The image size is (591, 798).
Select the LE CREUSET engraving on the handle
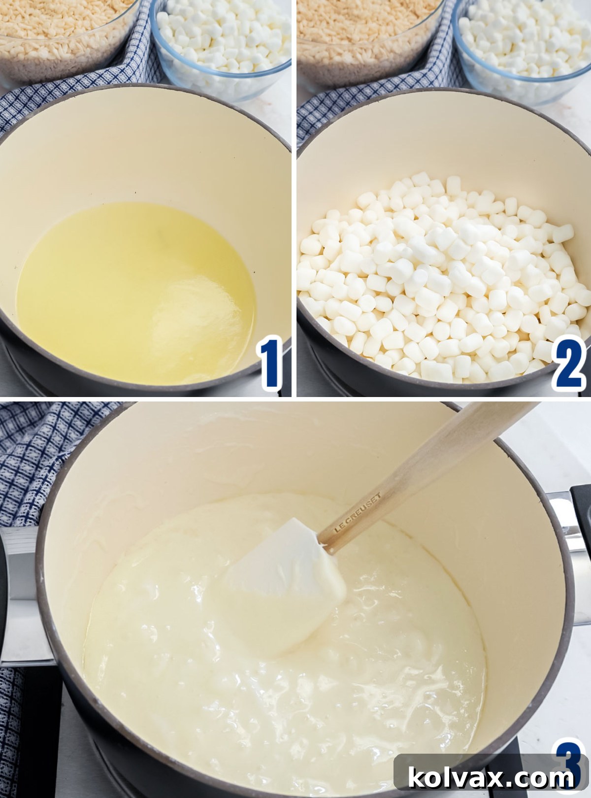358,512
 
